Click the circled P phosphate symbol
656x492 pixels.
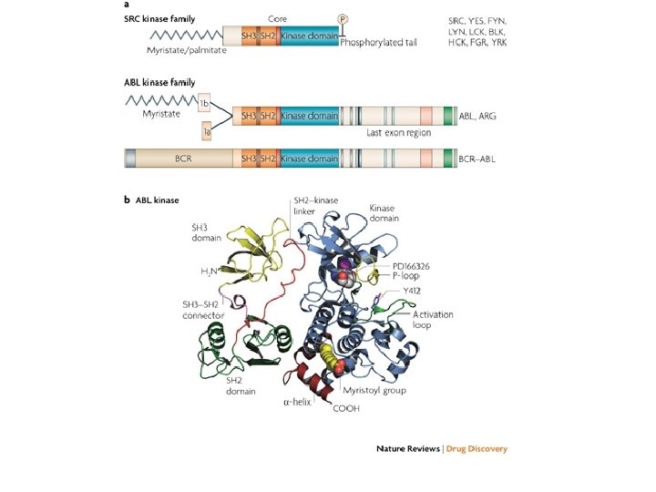pos(343,18)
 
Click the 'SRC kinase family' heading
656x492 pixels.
pos(160,18)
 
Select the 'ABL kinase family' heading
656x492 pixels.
pos(159,83)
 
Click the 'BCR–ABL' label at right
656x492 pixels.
pos(486,159)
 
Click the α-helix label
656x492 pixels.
pos(296,398)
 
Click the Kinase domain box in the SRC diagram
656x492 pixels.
pos(311,36)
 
